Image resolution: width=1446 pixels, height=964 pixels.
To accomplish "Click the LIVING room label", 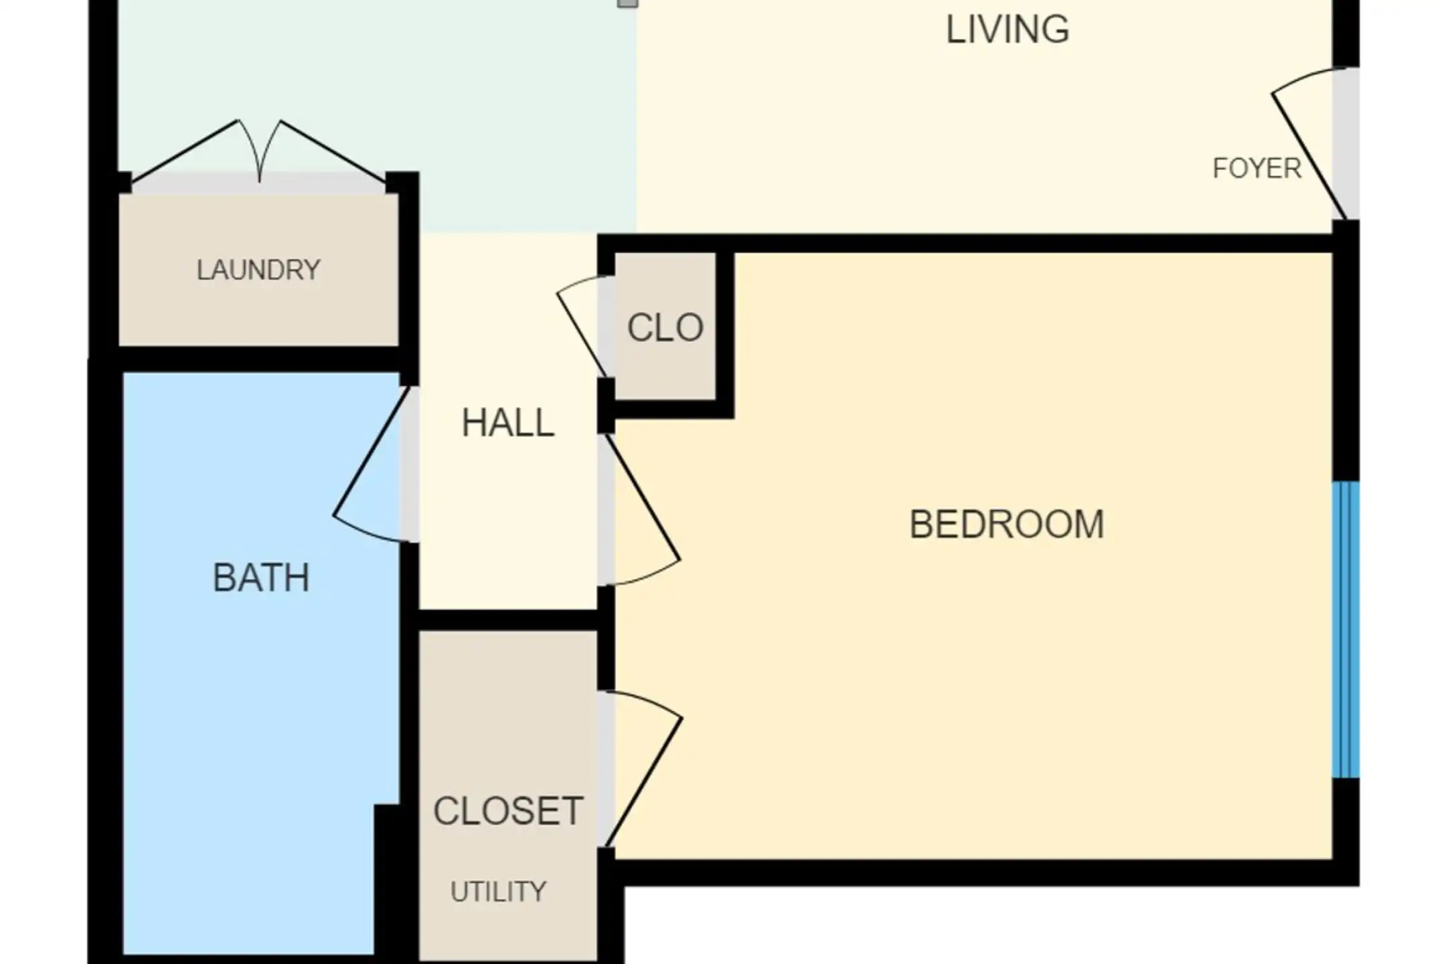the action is coord(1008,29).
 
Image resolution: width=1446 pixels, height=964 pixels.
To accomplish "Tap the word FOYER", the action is coord(1257,168).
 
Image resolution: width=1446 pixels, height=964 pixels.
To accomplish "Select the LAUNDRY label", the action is coord(258,270).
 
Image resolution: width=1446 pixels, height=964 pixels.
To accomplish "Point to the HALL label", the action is coord(508,422).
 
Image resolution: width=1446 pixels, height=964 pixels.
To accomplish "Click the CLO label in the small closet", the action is coord(665,328).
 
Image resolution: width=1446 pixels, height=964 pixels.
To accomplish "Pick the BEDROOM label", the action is coord(1007,524).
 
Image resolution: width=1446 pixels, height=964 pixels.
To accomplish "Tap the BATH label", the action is coord(261,578).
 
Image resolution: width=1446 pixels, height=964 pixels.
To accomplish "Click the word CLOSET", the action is coord(508,811).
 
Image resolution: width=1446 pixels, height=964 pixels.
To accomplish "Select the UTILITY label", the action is coord(499,892).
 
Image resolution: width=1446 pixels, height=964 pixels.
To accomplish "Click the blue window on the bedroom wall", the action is coord(1346,630).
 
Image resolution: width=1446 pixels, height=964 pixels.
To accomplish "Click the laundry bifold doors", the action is coord(259,151).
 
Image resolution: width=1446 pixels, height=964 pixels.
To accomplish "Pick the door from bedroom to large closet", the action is coord(643,769).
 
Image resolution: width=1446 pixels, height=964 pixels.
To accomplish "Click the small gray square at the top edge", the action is coord(627,3).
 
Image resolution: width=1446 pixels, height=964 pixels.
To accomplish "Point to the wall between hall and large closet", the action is coord(508,620).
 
